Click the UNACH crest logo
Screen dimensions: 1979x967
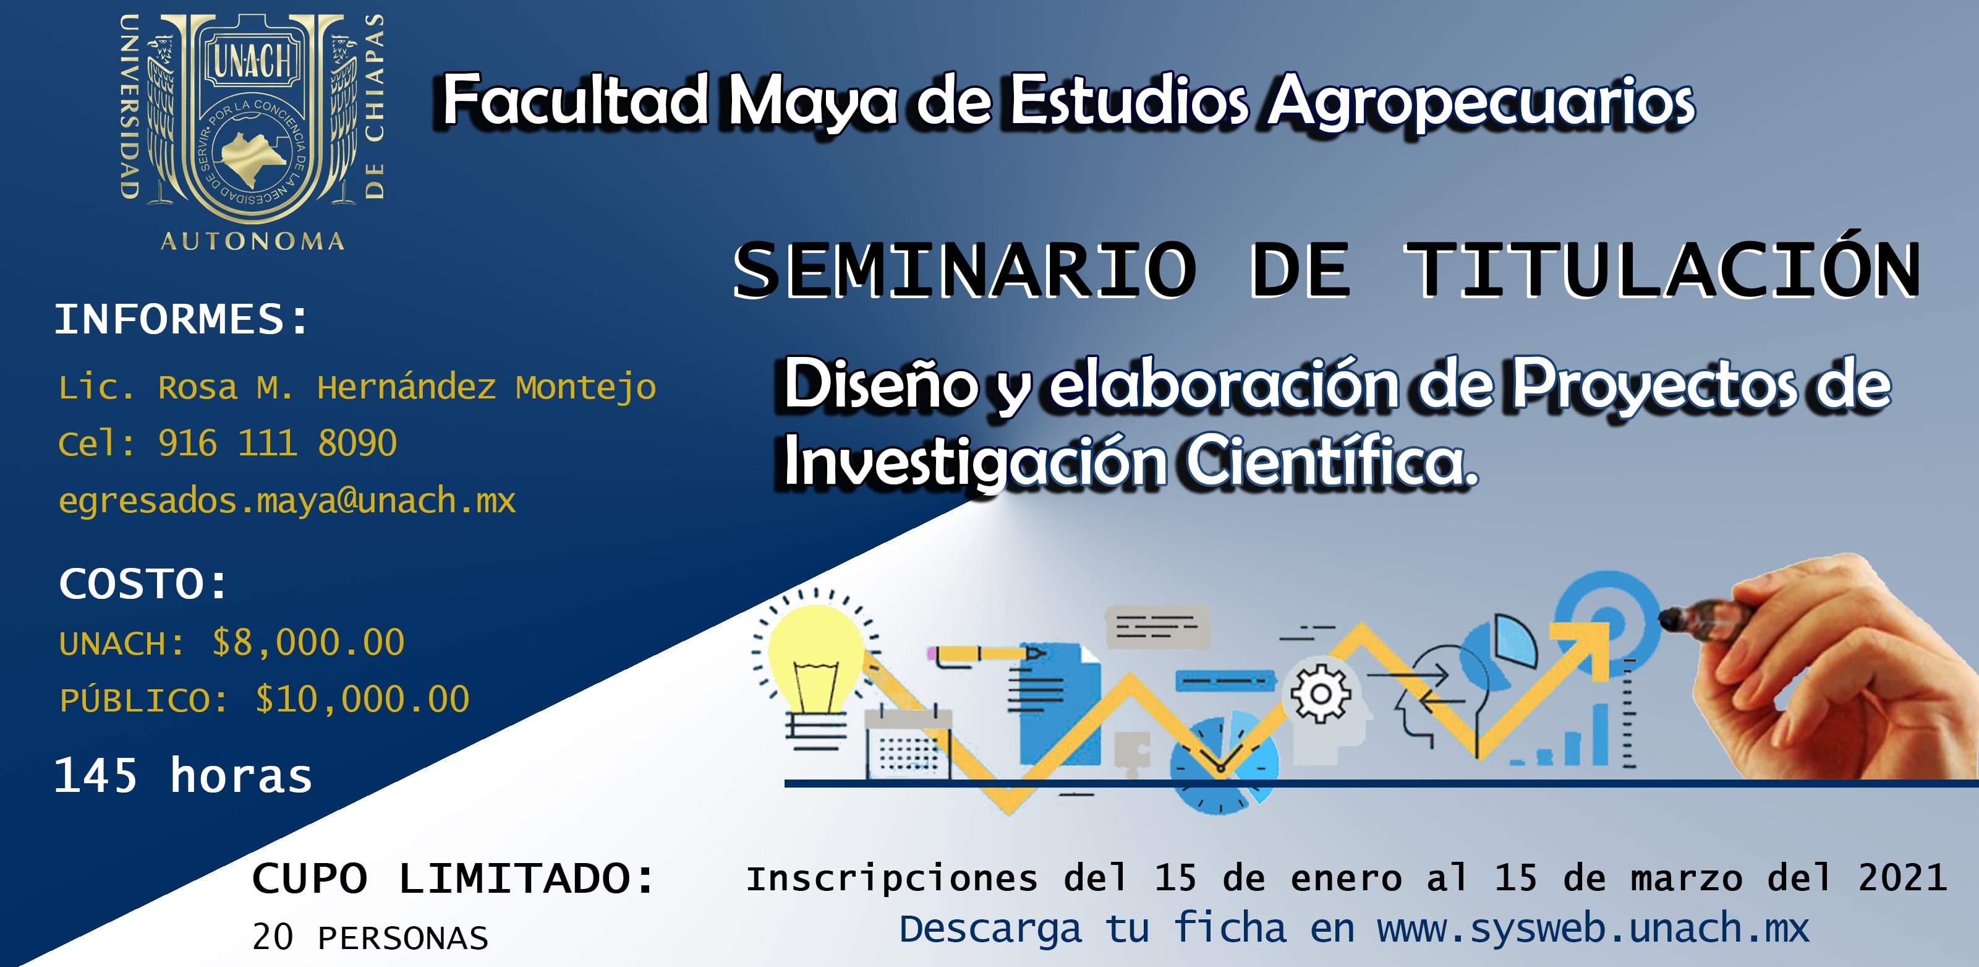252,131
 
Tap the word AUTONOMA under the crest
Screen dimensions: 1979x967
253,241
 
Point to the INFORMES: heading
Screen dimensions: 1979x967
181,319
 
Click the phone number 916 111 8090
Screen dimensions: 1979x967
278,444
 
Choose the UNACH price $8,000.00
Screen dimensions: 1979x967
308,643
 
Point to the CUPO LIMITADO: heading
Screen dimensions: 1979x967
453,878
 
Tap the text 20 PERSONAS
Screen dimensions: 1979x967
370,938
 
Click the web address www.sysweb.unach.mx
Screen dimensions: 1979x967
1593,929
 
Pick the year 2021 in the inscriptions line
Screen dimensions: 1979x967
1902,877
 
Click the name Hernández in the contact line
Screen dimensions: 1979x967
406,387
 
